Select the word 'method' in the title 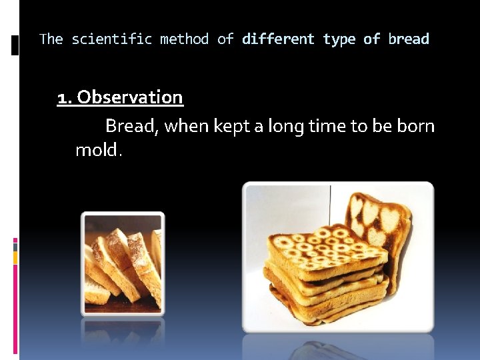point(184,39)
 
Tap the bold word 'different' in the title point(278,39)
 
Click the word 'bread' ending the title point(409,39)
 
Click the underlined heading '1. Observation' point(120,97)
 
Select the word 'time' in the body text point(333,126)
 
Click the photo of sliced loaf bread point(123,263)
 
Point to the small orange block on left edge point(15,255)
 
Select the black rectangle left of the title point(15,45)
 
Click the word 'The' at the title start point(51,39)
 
